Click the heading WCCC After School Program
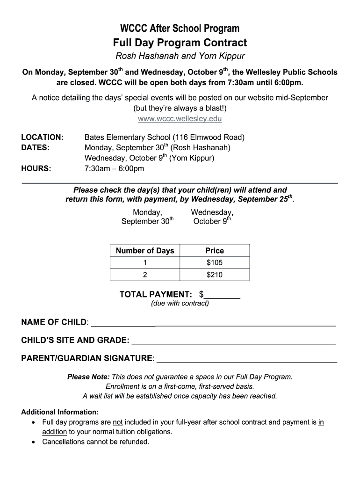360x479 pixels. tap(180, 29)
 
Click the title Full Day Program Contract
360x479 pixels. tap(180, 43)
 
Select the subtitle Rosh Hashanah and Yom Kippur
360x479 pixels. tap(180, 57)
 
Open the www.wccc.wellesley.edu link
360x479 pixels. tap(180, 118)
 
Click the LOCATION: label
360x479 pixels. tap(43, 138)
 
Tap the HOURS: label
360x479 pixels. tap(36, 168)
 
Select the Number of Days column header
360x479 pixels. tap(145, 251)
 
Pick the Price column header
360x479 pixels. tap(215, 251)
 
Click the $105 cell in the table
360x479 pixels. tap(215, 262)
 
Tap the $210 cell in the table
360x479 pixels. tap(215, 275)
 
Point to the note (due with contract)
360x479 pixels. tap(180, 304)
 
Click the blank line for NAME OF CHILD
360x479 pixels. tap(213, 323)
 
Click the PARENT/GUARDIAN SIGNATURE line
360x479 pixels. tap(246, 359)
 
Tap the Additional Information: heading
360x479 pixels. tap(60, 412)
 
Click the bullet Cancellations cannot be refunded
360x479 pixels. tap(96, 442)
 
